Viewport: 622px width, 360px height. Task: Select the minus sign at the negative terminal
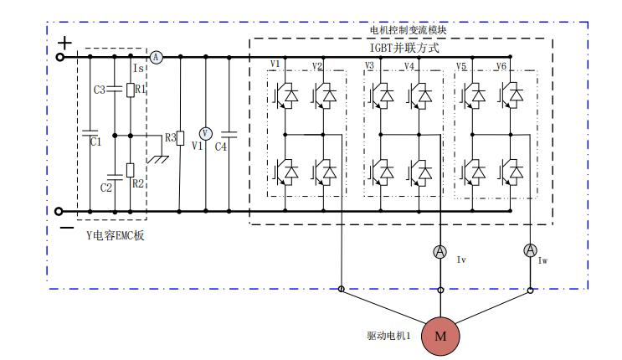[x=64, y=227]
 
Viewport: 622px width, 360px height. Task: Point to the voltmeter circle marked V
[x=204, y=134]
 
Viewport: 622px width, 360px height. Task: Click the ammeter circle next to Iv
[x=441, y=251]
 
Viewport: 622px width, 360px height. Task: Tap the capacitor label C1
[x=95, y=142]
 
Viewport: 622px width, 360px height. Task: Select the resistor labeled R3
[x=181, y=137]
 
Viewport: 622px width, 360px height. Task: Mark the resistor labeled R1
[x=130, y=89]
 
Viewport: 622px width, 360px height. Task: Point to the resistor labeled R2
[x=130, y=170]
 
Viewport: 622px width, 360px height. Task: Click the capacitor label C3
[x=99, y=90]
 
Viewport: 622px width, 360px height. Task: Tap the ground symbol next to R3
[x=156, y=156]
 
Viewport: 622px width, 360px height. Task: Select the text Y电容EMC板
[x=116, y=237]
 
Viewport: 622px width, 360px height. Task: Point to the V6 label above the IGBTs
[x=501, y=65]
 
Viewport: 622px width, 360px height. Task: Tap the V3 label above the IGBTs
[x=370, y=65]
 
